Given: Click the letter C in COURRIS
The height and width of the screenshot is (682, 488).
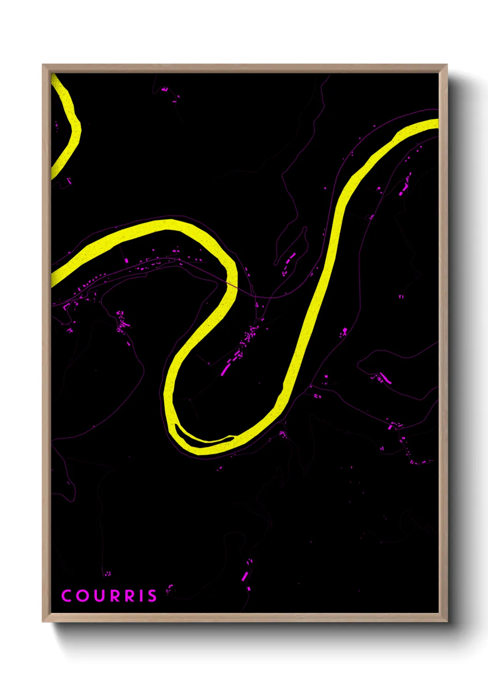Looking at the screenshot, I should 66,596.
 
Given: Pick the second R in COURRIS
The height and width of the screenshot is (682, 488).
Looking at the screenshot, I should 130,596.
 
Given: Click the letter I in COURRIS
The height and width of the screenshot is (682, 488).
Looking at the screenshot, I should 141,596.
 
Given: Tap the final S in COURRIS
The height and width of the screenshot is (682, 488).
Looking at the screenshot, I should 152,596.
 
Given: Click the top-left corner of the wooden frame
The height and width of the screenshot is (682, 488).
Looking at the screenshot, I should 43,65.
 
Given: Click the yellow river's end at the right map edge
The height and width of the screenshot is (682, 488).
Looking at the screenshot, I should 435,123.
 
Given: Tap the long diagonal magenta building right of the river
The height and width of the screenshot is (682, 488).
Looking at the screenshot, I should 385,379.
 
